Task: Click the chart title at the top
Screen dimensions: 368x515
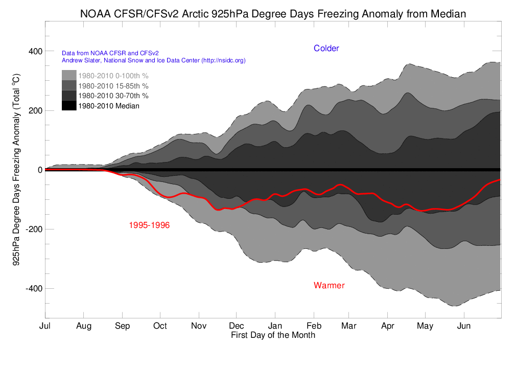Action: tap(273, 14)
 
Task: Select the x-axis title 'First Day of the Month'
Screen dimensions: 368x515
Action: tap(273, 335)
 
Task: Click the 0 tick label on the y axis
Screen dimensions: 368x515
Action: tap(39, 170)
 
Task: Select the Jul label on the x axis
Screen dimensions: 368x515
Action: tap(45, 326)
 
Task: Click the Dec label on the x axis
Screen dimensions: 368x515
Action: tap(236, 326)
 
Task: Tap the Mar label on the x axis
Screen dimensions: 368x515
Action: tap(349, 326)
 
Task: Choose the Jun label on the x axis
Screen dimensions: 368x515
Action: tap(463, 326)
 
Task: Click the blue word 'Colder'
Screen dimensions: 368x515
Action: tap(326, 49)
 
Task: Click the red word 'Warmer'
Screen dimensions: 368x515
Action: tap(329, 285)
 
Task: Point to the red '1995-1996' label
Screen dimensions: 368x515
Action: tap(149, 225)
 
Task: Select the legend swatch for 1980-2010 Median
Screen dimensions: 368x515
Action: tap(69, 106)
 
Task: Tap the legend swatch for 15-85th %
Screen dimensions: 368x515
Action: tap(69, 85)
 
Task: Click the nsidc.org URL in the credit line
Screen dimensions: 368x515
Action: tap(223, 60)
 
